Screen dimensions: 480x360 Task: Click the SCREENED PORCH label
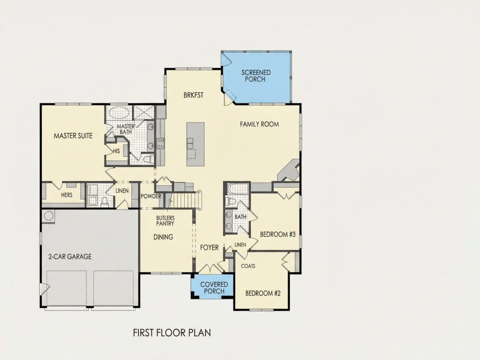pos(256,76)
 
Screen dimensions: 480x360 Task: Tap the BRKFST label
pos(193,95)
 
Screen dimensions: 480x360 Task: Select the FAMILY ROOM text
pos(259,124)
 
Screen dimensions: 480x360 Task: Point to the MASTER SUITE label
pos(73,136)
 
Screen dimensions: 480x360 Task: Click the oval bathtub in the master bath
pos(119,113)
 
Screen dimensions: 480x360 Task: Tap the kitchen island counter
pos(195,144)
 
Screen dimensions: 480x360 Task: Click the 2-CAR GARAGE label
pos(70,257)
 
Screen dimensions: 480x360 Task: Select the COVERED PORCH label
pos(214,288)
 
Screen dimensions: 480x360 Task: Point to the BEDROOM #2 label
pos(263,293)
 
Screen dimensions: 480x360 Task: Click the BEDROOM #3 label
pos(278,234)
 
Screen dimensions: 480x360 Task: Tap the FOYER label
pos(209,247)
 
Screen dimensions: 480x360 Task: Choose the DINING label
pos(163,237)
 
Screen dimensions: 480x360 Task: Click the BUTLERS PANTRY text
pos(165,221)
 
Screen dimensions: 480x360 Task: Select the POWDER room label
pos(151,196)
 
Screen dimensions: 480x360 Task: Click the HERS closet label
pos(67,195)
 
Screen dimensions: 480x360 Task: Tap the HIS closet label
pos(117,151)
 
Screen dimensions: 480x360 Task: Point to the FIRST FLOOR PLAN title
pos(172,333)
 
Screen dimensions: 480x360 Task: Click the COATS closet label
pos(248,266)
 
